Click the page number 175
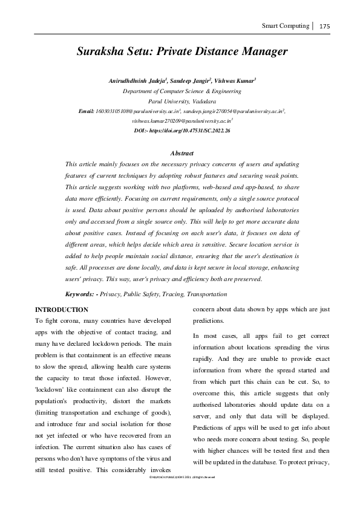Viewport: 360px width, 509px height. [324, 26]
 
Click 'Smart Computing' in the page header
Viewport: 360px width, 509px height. [285, 26]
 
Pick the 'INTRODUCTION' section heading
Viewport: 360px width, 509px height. [62, 310]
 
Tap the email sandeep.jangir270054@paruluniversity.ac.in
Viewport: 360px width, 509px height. [242, 112]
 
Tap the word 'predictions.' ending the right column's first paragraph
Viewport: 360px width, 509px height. [209, 320]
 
